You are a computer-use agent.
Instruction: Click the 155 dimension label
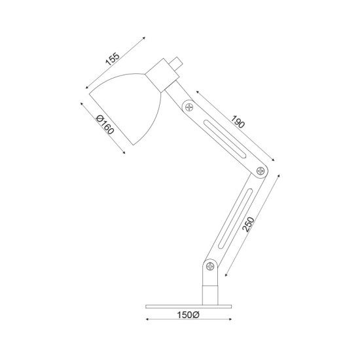113,59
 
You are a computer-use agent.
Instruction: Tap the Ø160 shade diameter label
105,124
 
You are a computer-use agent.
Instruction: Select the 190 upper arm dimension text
238,122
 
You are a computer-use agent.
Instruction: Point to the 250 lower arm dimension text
249,225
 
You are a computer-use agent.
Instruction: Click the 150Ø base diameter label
188,315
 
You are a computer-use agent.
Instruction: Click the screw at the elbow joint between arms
261,171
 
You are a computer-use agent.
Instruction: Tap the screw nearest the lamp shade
189,107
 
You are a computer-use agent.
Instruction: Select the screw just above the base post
210,266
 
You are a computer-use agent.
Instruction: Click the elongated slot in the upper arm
225,139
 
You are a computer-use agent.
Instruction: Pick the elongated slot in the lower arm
236,219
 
